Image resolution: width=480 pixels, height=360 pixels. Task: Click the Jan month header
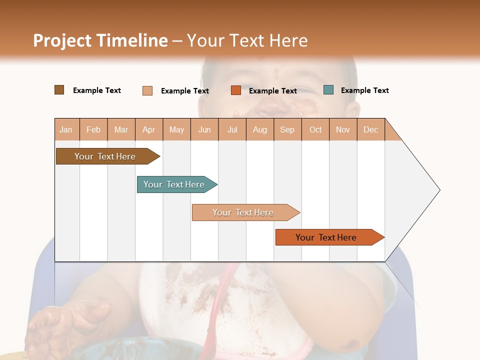coord(66,129)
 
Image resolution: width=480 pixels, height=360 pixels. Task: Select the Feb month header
coord(93,129)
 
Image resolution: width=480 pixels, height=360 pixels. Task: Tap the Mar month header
coord(121,129)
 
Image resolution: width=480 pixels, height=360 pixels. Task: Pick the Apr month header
coord(149,129)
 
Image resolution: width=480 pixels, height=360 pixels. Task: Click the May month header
coord(176,129)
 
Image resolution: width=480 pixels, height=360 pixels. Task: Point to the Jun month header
coord(204,129)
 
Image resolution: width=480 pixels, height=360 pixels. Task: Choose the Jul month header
coord(232,129)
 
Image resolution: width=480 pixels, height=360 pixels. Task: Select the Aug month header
coord(260,129)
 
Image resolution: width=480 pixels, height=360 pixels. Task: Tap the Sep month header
coord(287,129)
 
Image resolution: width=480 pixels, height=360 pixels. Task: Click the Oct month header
coord(315,129)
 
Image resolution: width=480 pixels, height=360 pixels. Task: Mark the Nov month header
coord(343,129)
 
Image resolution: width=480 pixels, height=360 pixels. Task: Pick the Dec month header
coord(370,129)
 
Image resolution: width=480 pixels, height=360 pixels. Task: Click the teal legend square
coord(328,90)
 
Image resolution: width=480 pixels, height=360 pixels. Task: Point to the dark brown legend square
coord(59,90)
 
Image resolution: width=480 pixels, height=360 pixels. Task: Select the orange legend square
coord(236,90)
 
